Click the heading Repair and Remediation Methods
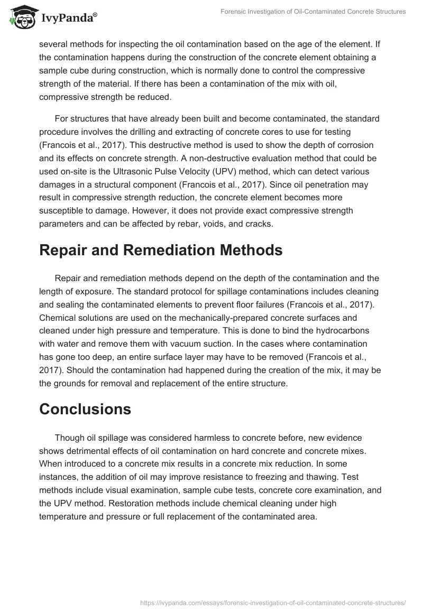(x=161, y=250)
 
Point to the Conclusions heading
(x=85, y=409)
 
